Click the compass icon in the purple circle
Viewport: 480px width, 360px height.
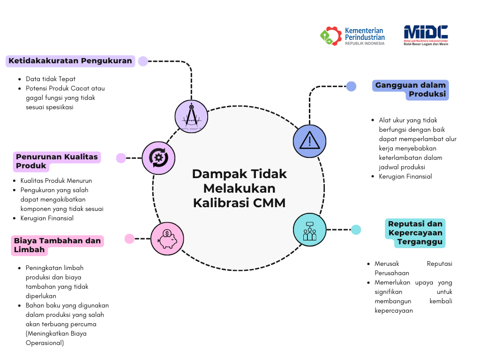191,117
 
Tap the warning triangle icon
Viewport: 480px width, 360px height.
309,141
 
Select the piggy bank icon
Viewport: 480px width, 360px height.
167,239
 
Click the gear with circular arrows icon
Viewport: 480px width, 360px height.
158,158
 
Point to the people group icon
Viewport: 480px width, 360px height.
309,231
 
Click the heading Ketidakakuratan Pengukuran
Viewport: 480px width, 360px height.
70,60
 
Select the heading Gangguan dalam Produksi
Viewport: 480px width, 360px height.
411,90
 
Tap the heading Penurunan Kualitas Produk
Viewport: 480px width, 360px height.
57,161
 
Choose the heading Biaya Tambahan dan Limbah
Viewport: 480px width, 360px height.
57,245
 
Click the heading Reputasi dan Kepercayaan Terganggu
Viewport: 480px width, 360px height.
415,232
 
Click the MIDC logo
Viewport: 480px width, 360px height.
426,35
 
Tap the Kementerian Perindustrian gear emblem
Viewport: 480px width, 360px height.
330,36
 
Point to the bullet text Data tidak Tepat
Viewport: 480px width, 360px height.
51,79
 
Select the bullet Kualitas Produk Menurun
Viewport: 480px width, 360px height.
56,180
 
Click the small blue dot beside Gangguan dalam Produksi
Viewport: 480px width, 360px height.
351,86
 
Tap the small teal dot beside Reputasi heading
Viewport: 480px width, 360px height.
356,230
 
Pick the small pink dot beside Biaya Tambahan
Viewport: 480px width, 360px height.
129,239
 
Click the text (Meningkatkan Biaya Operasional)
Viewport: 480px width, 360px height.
56,338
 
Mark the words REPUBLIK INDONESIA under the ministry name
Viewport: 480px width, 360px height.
365,44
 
